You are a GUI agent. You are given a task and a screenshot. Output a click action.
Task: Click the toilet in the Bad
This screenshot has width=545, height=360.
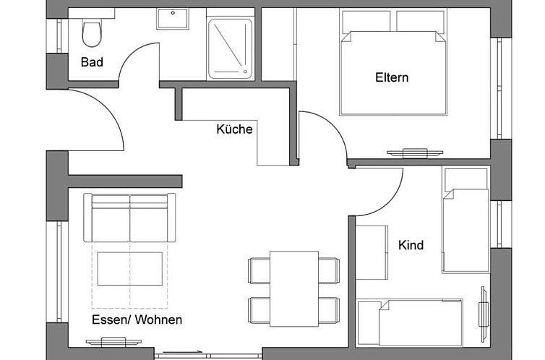[92, 33]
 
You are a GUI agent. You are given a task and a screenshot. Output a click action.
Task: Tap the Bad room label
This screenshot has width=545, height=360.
[92, 62]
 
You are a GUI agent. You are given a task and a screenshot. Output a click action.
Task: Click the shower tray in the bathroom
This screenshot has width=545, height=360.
[231, 48]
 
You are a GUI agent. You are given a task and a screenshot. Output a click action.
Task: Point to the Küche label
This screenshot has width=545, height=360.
[234, 129]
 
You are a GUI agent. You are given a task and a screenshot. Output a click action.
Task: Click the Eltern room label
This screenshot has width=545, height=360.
[392, 77]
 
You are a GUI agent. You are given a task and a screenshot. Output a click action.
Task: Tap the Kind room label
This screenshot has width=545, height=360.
[411, 245]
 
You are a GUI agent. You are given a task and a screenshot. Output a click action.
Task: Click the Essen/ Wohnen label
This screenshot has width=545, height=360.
[137, 320]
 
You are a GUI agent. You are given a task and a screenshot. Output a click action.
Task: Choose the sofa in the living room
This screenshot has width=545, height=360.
[130, 218]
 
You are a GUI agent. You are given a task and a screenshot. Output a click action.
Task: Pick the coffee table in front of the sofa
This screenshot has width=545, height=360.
[130, 268]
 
